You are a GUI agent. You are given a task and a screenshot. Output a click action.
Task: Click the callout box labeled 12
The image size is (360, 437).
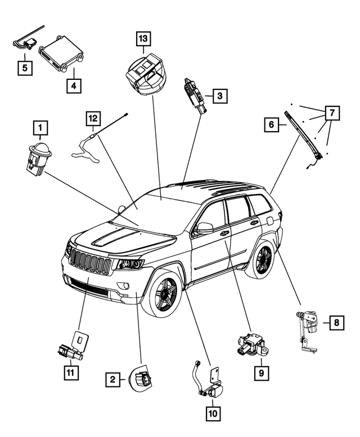pyautogui.click(x=93, y=119)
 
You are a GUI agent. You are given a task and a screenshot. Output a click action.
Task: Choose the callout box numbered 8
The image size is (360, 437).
pyautogui.click(x=336, y=322)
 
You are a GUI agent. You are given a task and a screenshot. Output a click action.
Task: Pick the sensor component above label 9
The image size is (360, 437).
pyautogui.click(x=251, y=343)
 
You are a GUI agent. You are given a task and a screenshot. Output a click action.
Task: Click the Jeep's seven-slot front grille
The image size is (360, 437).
pyautogui.click(x=90, y=263)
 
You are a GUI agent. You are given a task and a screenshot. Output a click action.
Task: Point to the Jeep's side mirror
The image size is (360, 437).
pyautogui.click(x=204, y=228)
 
